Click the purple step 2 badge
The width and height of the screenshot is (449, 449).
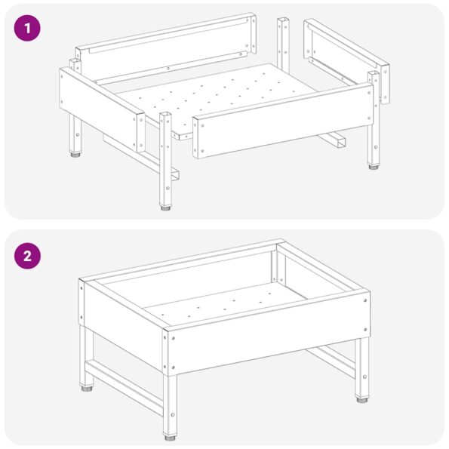coord(27,254)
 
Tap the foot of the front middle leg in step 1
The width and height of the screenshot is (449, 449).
coord(165,205)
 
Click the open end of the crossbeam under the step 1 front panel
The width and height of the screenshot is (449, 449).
coord(342,142)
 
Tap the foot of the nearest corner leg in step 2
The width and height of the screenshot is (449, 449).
coord(171,434)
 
